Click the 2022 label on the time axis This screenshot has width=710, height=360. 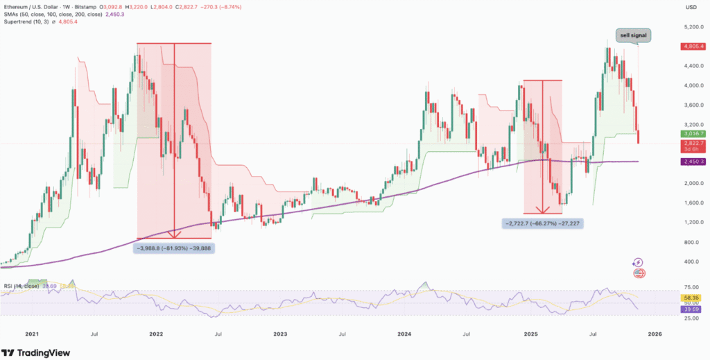(156, 334)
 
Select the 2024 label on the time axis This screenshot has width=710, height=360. (406, 334)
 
